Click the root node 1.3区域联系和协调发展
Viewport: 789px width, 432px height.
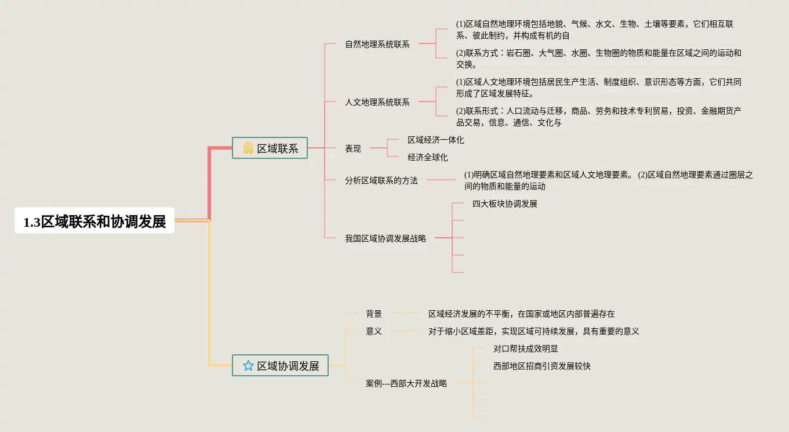(x=94, y=221)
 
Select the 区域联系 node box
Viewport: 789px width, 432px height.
(x=270, y=148)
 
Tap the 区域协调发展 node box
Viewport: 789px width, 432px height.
(x=280, y=365)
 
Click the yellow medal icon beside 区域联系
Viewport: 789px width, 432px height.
(x=248, y=148)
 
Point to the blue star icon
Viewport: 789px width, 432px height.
(x=248, y=365)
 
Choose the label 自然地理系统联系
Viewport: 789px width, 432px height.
(x=377, y=44)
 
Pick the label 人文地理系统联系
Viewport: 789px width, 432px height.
(x=377, y=102)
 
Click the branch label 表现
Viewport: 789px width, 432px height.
(x=352, y=148)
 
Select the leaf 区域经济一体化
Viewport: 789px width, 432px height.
(x=435, y=140)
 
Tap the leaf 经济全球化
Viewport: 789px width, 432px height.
(x=427, y=157)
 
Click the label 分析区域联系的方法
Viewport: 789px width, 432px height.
(x=381, y=180)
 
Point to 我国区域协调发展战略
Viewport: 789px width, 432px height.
(x=385, y=238)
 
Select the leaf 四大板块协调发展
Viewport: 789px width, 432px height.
(x=504, y=204)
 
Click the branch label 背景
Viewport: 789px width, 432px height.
(x=373, y=314)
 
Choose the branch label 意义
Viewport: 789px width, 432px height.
(x=373, y=331)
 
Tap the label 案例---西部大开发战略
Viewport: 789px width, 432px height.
(x=406, y=383)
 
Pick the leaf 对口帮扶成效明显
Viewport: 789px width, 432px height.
(x=525, y=348)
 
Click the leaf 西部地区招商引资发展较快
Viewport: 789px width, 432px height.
(x=541, y=366)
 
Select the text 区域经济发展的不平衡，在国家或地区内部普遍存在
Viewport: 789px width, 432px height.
(x=521, y=314)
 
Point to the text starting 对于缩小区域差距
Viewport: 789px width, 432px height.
(x=533, y=331)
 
